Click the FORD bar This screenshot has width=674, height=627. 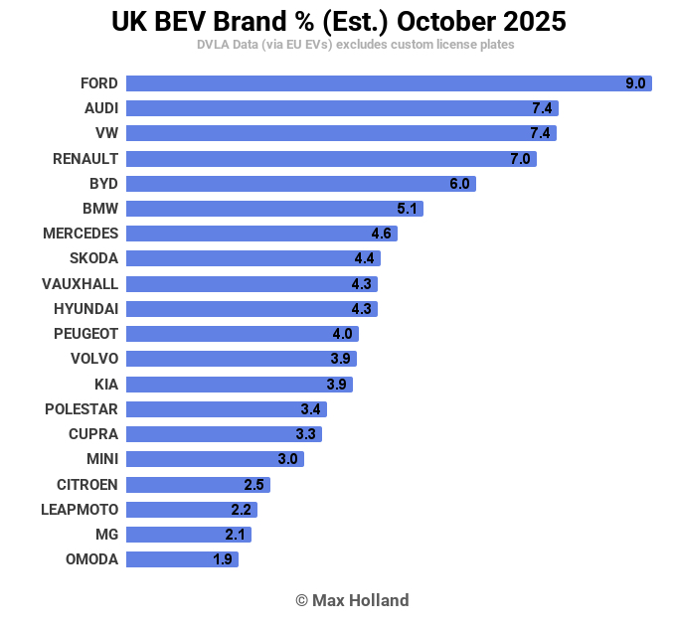[388, 83]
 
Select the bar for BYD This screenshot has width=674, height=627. [300, 184]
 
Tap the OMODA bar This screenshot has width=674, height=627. [182, 559]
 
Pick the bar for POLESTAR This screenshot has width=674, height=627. [226, 409]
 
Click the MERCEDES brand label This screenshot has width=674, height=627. [81, 234]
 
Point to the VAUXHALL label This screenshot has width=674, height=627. [80, 284]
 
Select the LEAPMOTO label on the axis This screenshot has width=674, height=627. [80, 510]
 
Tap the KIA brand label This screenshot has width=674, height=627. [104, 385]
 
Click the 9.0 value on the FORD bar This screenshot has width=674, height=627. [635, 84]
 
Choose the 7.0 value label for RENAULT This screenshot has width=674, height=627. [520, 159]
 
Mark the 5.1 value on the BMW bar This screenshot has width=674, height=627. [407, 209]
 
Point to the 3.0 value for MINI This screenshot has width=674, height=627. [287, 459]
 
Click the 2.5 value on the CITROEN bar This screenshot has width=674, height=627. [253, 485]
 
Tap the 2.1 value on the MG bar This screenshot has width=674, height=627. [236, 535]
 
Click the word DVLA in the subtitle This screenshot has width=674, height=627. [214, 45]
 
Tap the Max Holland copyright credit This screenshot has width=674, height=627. [352, 600]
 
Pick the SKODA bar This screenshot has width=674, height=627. [253, 258]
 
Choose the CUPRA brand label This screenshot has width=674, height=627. [93, 434]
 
